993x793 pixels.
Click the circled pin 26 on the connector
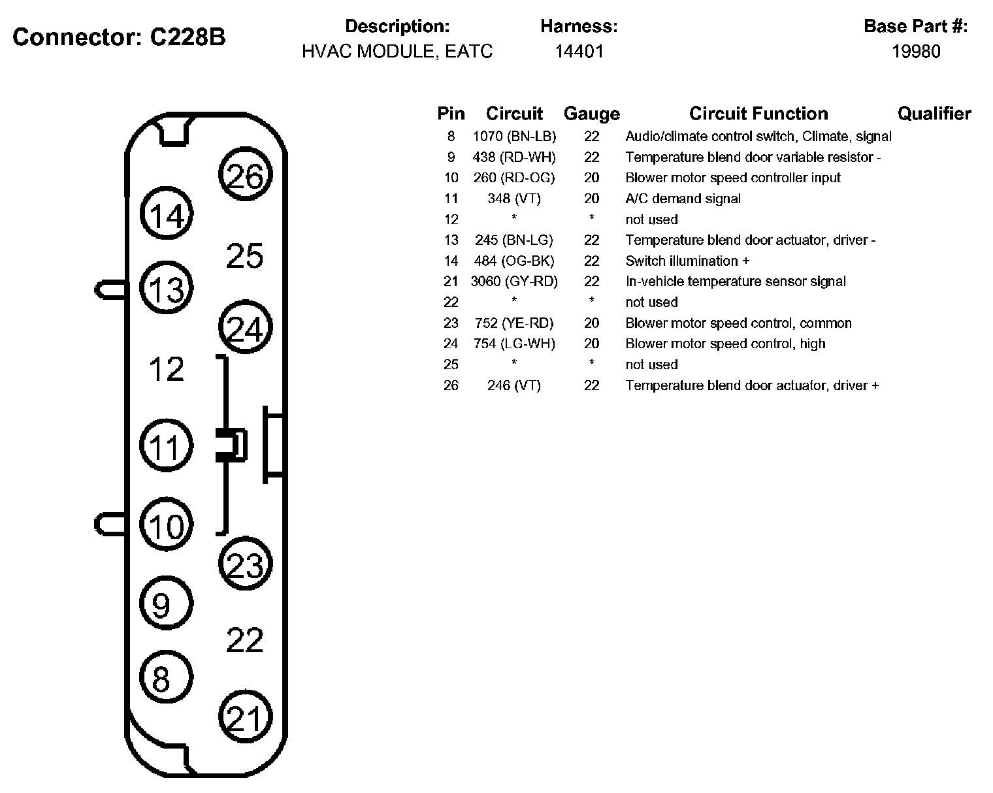click(x=246, y=176)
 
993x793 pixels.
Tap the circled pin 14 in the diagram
click(x=167, y=214)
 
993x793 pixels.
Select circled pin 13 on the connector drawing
click(x=167, y=288)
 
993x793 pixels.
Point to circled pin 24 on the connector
click(x=246, y=329)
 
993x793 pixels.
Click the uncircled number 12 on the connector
click(x=167, y=370)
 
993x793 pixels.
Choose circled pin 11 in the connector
click(x=167, y=447)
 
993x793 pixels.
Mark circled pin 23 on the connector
click(x=246, y=565)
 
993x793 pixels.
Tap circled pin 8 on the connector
click(x=167, y=678)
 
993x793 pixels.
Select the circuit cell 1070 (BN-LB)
click(x=514, y=137)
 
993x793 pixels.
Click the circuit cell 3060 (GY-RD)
click(x=514, y=282)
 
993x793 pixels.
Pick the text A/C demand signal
click(x=683, y=199)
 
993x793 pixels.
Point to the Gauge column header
click(x=591, y=114)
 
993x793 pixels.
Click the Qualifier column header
click(x=934, y=114)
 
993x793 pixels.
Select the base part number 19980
click(x=916, y=52)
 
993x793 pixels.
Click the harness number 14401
click(x=579, y=52)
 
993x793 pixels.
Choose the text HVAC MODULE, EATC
click(x=397, y=52)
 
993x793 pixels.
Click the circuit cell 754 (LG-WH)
click(x=514, y=344)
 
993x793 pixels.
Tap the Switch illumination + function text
click(x=687, y=261)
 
